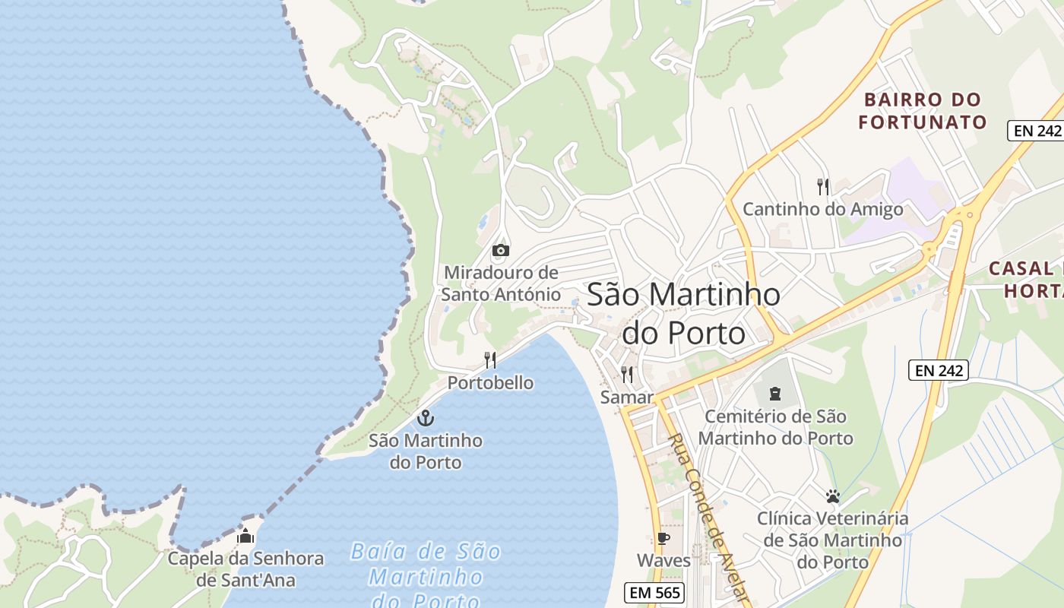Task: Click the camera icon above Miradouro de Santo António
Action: point(500,250)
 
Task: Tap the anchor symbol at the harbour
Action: point(426,417)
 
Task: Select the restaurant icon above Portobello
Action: point(490,360)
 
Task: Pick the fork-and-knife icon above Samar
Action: point(627,374)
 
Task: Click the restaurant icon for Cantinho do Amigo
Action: point(822,186)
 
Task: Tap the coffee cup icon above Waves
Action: point(663,539)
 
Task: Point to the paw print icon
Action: point(833,496)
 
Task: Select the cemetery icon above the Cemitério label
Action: point(775,393)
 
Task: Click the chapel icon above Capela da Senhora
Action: point(245,536)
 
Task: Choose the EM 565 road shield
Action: point(654,592)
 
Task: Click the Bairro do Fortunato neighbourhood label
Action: point(923,111)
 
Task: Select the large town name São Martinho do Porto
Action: point(683,313)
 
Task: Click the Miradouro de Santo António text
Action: point(501,283)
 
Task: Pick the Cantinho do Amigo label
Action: point(822,209)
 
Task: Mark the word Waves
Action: point(663,561)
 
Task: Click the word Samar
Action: point(627,397)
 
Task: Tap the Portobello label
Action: point(490,382)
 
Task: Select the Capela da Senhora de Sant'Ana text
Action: point(245,569)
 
